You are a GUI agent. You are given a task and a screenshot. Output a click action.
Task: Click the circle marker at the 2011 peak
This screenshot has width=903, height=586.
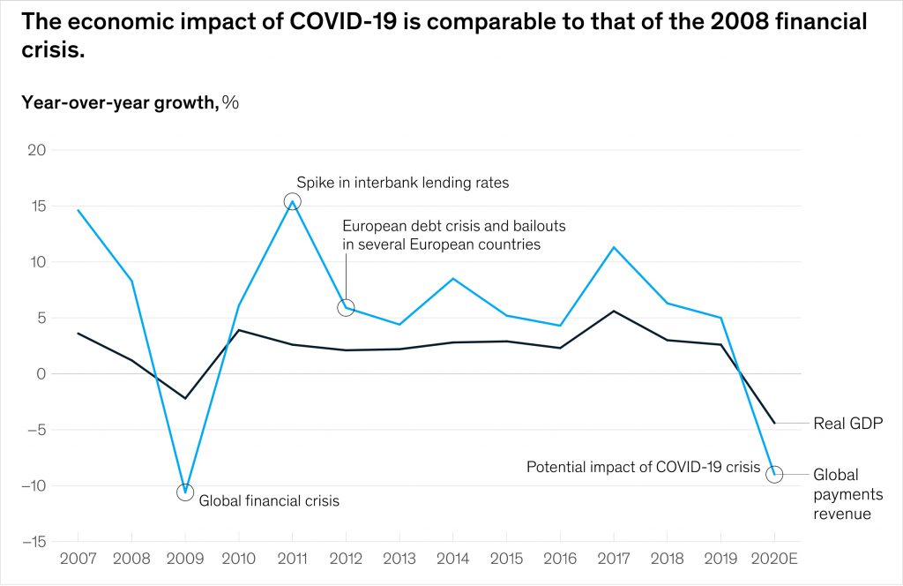point(292,201)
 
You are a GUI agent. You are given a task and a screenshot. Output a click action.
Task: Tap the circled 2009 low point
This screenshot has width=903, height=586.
point(185,492)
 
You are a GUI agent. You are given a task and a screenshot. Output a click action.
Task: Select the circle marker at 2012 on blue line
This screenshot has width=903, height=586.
point(346,307)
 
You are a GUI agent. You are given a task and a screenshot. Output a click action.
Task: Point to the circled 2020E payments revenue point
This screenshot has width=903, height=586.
point(774,475)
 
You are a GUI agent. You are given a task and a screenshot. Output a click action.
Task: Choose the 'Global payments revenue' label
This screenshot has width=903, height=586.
point(841,494)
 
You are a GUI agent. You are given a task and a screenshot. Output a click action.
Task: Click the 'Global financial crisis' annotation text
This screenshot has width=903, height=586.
point(269,500)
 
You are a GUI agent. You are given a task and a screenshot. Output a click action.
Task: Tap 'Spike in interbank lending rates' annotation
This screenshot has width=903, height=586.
point(402,183)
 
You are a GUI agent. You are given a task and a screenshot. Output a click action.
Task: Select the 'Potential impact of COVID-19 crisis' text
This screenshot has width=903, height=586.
point(643,467)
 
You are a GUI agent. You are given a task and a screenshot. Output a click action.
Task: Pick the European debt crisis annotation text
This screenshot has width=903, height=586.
point(453,235)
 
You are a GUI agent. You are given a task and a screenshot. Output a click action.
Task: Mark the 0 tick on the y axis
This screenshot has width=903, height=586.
point(40,373)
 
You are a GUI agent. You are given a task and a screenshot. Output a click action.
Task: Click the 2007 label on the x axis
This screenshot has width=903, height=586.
point(78,560)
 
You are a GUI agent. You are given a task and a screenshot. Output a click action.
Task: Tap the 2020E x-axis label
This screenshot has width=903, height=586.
point(774,560)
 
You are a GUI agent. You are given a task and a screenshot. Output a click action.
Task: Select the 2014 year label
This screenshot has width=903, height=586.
point(452,560)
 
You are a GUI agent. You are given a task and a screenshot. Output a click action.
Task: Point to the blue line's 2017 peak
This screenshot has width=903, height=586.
point(614,247)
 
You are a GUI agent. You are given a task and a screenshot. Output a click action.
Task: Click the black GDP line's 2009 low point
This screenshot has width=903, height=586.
point(185,398)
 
